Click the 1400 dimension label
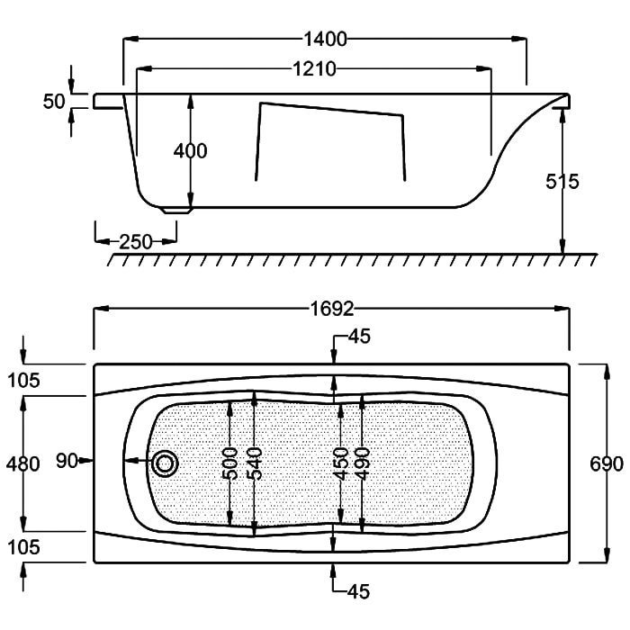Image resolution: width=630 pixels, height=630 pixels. (x=325, y=40)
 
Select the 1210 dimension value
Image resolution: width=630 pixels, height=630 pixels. (x=314, y=69)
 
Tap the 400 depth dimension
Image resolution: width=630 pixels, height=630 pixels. (x=191, y=151)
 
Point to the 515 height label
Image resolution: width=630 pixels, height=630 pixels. (x=562, y=182)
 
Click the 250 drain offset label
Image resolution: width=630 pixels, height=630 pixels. (x=136, y=242)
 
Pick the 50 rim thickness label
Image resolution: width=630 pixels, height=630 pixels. (x=54, y=102)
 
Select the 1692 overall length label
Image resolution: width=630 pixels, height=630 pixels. (x=332, y=309)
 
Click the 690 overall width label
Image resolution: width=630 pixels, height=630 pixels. (x=607, y=464)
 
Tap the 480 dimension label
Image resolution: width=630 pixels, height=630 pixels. (x=22, y=464)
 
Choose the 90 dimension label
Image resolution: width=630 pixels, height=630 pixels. (x=67, y=461)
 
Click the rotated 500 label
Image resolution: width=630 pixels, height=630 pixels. (x=229, y=463)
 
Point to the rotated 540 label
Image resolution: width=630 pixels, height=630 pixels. (x=255, y=463)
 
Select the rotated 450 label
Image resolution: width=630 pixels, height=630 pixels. (x=341, y=463)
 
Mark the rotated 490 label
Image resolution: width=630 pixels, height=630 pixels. (x=363, y=463)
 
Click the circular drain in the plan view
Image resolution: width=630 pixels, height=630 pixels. (x=165, y=464)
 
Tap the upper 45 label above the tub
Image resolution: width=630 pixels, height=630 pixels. (x=359, y=337)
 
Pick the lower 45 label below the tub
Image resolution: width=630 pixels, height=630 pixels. (x=358, y=591)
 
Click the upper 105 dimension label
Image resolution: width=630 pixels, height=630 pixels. (x=23, y=380)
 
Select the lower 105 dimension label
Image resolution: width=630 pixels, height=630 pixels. (x=23, y=547)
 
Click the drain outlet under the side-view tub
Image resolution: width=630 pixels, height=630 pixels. (x=176, y=210)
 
